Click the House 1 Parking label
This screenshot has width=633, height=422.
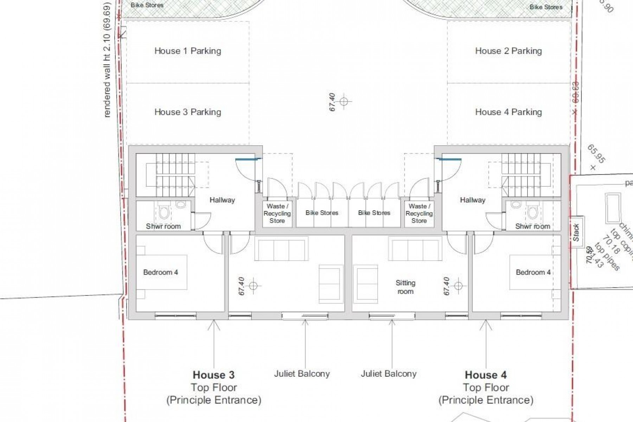click(188, 51)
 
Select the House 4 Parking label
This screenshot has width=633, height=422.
click(508, 112)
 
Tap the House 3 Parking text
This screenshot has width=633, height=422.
click(188, 112)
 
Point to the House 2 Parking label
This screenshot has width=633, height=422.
click(508, 51)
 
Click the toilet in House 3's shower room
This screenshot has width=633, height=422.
click(164, 212)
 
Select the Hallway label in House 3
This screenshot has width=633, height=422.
click(222, 200)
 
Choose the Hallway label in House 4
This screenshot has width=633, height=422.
click(472, 200)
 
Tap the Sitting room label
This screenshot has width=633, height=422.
click(405, 287)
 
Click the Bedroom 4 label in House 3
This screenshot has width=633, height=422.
click(160, 272)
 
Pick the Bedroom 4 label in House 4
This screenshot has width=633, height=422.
click(533, 272)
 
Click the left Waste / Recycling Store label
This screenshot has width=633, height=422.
click(277, 213)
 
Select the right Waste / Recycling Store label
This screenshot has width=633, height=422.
click(419, 213)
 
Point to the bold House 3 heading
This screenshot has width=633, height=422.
click(213, 375)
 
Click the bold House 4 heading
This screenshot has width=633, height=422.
click(486, 375)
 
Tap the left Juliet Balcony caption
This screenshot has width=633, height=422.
click(302, 373)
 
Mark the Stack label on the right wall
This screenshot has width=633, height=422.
click(576, 232)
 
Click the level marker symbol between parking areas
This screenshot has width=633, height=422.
click(344, 102)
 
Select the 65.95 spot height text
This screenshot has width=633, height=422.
click(596, 154)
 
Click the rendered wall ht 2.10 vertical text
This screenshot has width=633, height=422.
click(107, 60)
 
